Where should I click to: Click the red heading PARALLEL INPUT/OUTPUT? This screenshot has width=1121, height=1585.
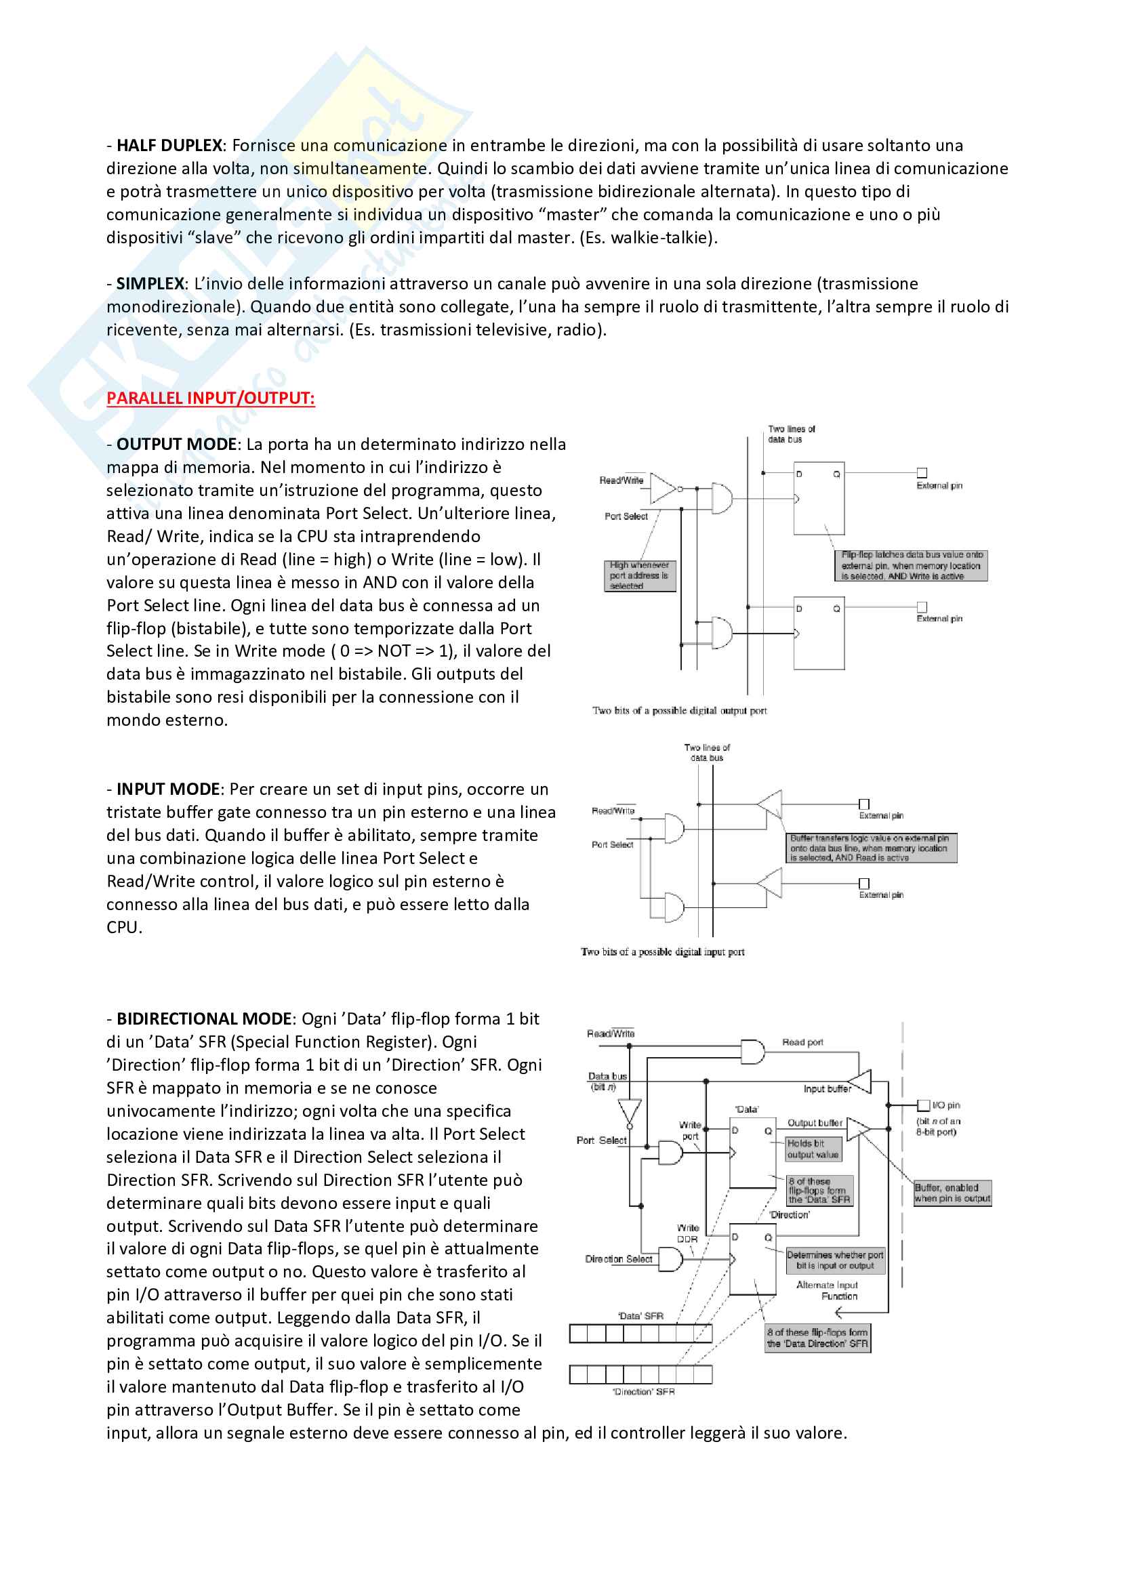(x=211, y=398)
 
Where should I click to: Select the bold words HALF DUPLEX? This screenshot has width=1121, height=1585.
(x=169, y=146)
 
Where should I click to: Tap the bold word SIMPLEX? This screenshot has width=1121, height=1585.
(x=150, y=284)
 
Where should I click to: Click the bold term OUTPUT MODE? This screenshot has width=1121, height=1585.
(x=177, y=445)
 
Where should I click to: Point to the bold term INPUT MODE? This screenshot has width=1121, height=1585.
(x=167, y=789)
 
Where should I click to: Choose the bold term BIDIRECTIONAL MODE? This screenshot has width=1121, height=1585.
(x=204, y=1019)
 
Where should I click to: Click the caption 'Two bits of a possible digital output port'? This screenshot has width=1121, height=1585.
(x=679, y=710)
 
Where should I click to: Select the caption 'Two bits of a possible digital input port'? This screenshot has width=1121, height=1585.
(x=663, y=952)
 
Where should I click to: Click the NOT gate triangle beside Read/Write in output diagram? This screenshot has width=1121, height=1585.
(x=663, y=488)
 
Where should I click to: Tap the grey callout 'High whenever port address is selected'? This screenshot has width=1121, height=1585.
(x=639, y=575)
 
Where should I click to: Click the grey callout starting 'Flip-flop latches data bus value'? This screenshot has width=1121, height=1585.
(x=911, y=565)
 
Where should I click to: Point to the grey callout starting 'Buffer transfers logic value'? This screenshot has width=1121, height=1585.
(x=871, y=848)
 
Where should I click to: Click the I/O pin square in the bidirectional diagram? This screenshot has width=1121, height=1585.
(x=923, y=1105)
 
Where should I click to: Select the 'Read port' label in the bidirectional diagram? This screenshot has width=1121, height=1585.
(x=802, y=1042)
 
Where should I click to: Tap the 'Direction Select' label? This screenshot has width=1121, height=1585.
(x=619, y=1259)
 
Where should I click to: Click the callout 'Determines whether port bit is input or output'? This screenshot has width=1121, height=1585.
(x=834, y=1260)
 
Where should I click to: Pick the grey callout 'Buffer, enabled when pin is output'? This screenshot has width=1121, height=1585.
(x=952, y=1193)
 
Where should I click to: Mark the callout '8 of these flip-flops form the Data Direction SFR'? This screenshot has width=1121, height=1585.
(x=818, y=1338)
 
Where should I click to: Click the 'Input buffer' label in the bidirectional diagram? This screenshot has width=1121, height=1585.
(x=827, y=1089)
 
